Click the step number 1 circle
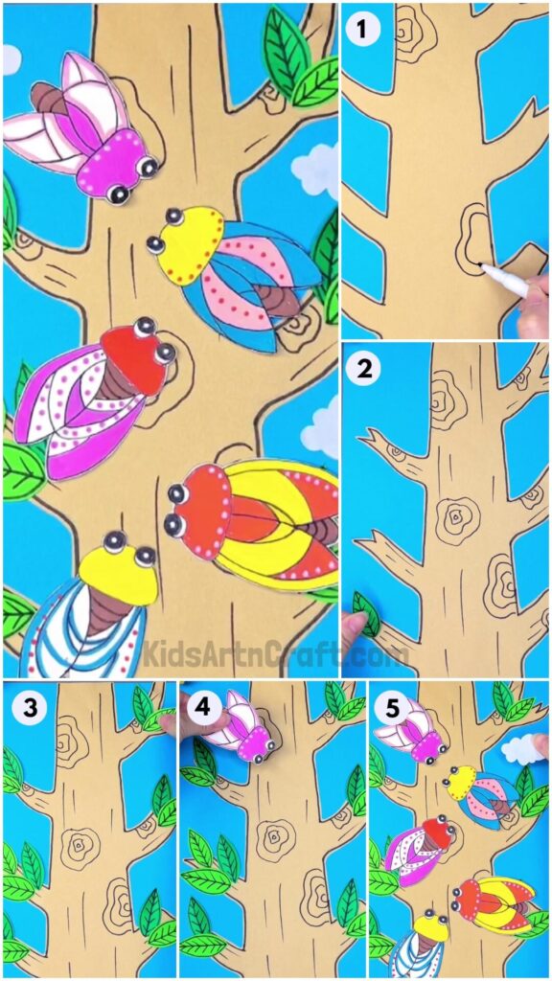tap(361, 30)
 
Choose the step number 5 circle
tap(388, 708)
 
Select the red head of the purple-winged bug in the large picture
tap(134, 359)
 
